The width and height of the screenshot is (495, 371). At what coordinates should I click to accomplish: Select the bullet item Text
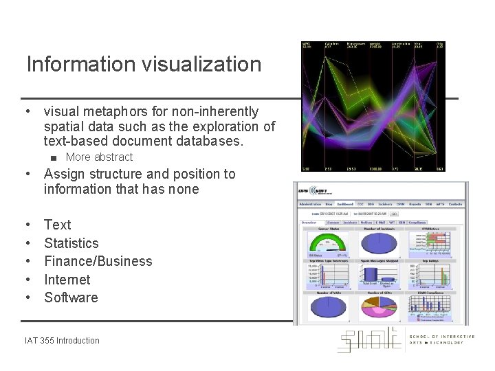[57, 225]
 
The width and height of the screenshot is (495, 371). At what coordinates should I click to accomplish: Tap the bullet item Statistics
[71, 243]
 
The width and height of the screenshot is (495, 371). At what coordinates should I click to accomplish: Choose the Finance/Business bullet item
[98, 261]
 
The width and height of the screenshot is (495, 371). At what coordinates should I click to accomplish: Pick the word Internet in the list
[67, 280]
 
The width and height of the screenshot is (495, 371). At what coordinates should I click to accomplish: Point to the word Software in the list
[71, 297]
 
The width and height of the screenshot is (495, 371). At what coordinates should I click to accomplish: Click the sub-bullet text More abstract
[99, 157]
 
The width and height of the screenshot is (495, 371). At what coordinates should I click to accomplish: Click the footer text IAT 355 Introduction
[62, 340]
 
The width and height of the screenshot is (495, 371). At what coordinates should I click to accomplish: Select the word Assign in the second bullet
[64, 174]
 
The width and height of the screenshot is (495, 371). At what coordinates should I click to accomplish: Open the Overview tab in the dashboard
[309, 222]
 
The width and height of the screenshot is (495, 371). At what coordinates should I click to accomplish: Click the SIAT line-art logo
[368, 340]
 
